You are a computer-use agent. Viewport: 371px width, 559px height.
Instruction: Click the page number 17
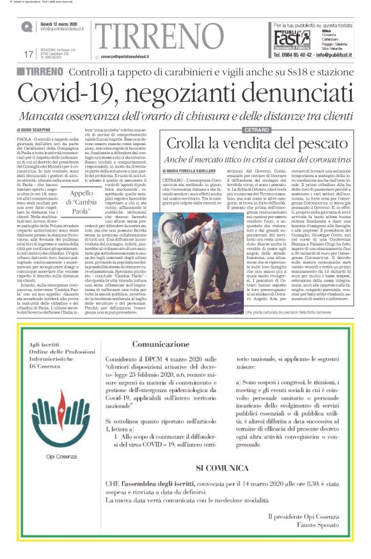point(28,54)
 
